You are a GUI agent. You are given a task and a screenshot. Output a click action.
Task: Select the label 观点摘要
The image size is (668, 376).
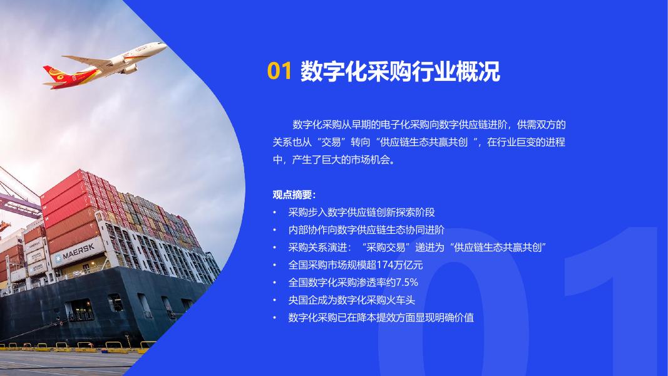click(294, 195)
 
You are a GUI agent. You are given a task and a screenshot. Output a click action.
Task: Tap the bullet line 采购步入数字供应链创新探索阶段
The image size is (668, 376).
click(361, 212)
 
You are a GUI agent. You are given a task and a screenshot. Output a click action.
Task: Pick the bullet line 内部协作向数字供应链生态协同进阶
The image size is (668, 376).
click(366, 230)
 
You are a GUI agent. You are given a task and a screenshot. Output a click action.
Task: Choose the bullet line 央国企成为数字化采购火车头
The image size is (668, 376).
click(352, 300)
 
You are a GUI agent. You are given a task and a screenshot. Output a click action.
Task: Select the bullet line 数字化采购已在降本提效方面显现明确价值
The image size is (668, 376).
click(381, 318)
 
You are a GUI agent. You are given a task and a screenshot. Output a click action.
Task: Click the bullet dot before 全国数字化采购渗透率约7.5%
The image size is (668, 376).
click(274, 283)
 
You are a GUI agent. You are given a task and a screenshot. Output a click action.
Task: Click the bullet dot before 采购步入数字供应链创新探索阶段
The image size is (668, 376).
click(274, 212)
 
